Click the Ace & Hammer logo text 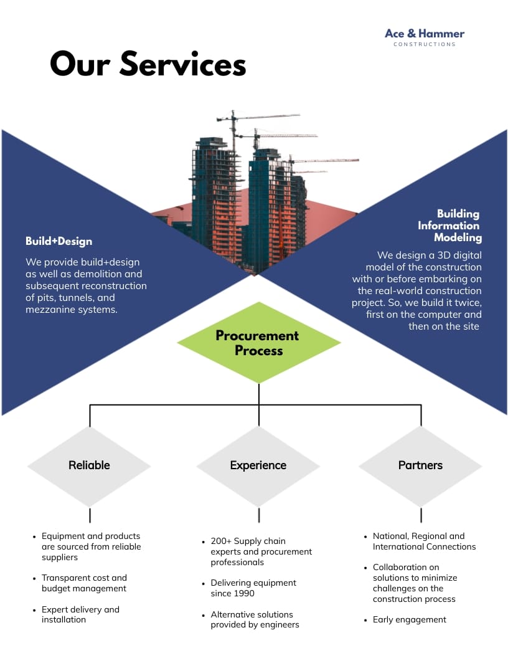(425, 34)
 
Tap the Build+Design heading (59, 241)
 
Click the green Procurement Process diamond (258, 343)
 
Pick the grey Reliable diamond (89, 465)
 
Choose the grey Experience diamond (258, 465)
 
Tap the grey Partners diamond (420, 465)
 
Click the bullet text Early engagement (410, 619)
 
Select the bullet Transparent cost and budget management (84, 583)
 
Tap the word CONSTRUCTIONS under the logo (425, 45)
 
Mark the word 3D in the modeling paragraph (432, 255)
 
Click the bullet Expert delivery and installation (80, 614)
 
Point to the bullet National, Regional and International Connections (424, 541)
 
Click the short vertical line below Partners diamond (421, 515)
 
